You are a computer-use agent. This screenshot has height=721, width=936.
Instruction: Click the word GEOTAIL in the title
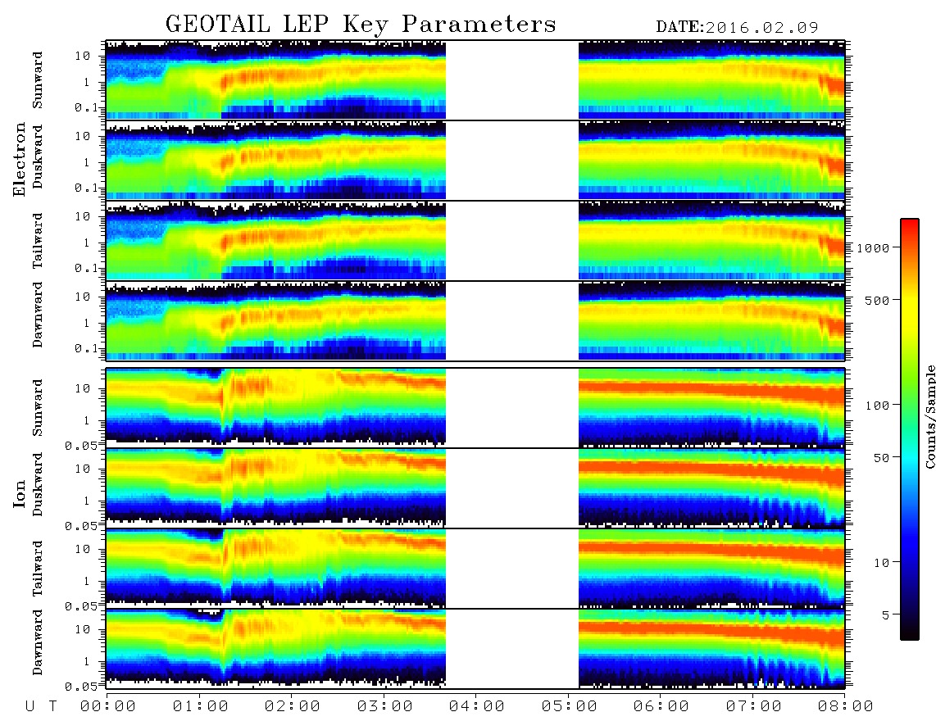[x=218, y=25]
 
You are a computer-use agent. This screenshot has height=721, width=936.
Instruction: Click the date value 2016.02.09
[x=761, y=28]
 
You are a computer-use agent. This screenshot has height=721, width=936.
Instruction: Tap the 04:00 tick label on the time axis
[x=476, y=706]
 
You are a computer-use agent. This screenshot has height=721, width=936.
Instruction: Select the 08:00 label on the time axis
[x=845, y=706]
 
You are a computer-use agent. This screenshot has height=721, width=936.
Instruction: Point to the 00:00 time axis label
[x=108, y=706]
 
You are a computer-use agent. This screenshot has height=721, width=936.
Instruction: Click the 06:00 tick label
[x=661, y=706]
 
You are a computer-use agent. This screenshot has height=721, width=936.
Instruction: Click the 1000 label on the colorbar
[x=874, y=247]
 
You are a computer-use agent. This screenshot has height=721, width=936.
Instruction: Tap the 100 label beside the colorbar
[x=878, y=406]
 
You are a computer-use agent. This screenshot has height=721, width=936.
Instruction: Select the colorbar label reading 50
[x=882, y=458]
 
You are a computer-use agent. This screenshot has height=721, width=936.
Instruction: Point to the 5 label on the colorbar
[x=886, y=614]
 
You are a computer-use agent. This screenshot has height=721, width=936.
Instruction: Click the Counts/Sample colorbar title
[x=929, y=416]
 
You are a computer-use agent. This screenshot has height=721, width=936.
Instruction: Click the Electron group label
[x=20, y=159]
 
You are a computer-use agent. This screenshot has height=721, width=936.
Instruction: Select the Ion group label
[x=20, y=493]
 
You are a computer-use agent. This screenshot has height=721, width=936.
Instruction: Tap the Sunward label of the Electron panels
[x=38, y=80]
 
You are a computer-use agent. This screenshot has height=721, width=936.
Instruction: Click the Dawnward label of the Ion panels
[x=38, y=642]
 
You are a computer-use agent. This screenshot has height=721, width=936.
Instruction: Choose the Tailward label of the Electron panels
[x=38, y=241]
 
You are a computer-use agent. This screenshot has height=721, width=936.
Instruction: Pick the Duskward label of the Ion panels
[x=38, y=484]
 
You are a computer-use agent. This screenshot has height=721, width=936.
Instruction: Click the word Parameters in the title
[x=479, y=25]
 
